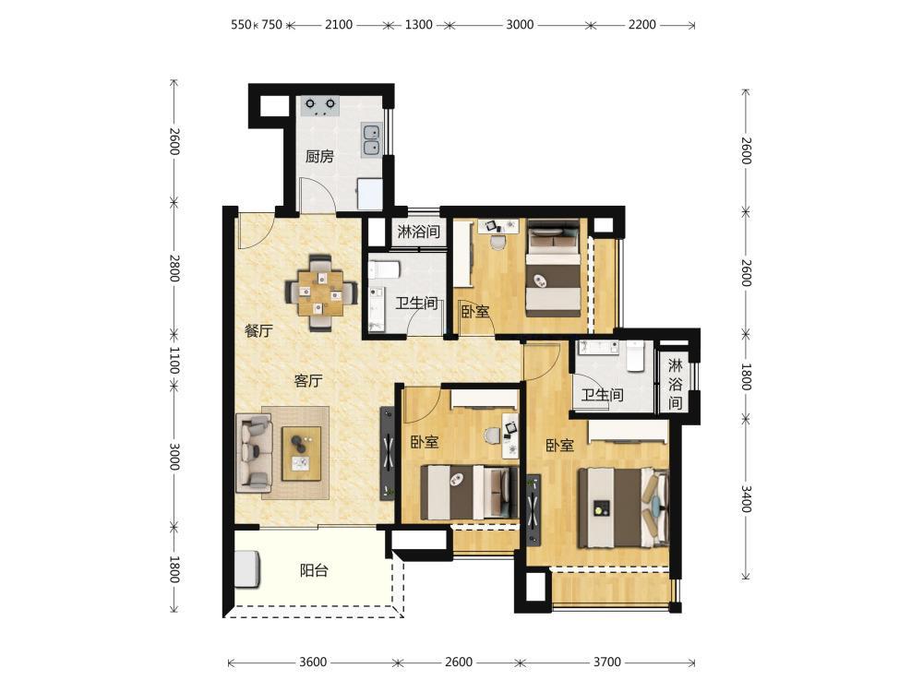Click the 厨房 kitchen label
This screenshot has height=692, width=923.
(319, 157)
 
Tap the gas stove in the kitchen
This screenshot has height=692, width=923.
(320, 106)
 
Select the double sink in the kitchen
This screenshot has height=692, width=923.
(371, 140)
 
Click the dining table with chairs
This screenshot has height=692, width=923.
(321, 292)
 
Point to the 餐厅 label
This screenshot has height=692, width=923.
(259, 330)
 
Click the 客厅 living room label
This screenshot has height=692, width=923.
(308, 381)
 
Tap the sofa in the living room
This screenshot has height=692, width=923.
(254, 452)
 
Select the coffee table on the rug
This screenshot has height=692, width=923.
(302, 453)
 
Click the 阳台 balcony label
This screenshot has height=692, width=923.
(314, 570)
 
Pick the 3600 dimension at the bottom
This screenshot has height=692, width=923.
(313, 662)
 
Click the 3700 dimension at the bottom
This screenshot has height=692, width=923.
(607, 662)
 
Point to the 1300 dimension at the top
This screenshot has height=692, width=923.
(418, 25)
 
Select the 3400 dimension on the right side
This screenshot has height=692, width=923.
(746, 498)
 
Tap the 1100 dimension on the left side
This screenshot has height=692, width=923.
(174, 360)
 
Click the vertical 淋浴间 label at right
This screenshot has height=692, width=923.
(676, 384)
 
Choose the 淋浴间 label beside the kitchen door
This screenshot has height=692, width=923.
(418, 232)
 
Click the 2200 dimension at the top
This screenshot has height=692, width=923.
(641, 25)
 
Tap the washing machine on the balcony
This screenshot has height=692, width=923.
(246, 569)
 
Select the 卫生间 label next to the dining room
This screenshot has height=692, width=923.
(417, 303)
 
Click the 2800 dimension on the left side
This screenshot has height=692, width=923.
(174, 268)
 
